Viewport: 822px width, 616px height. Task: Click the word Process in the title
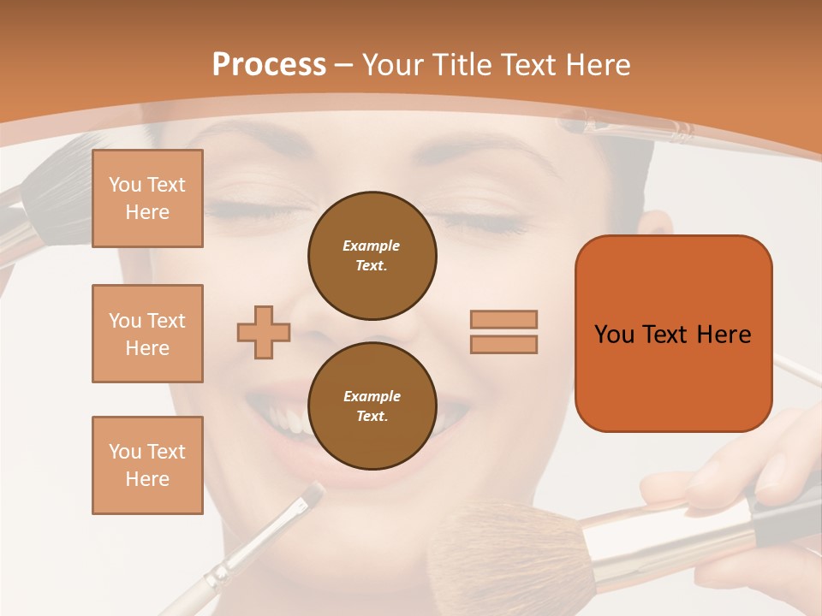tap(269, 65)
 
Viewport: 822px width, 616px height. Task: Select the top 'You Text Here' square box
tap(147, 198)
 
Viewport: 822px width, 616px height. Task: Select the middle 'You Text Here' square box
tap(147, 334)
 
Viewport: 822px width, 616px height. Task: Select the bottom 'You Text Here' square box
tap(147, 465)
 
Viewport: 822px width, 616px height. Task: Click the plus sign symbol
tap(264, 332)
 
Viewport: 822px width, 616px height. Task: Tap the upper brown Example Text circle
tap(372, 255)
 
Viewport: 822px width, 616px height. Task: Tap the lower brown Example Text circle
tap(372, 406)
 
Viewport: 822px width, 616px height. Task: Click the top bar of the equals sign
tap(503, 319)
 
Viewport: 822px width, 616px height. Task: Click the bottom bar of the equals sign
tap(503, 344)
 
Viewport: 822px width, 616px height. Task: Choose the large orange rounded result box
tap(673, 334)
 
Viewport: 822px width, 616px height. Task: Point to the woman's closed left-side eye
tap(248, 210)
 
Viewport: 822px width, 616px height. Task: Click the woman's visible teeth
tap(287, 419)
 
